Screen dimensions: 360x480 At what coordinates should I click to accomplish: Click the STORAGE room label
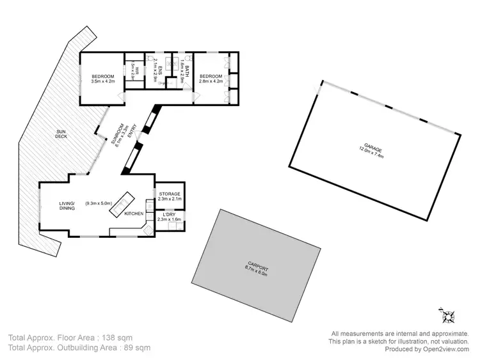click(170, 194)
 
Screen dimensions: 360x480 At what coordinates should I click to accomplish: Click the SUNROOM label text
click(115, 135)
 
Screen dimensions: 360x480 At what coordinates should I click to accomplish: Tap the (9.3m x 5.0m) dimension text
click(99, 204)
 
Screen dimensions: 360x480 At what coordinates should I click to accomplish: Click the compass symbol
click(447, 315)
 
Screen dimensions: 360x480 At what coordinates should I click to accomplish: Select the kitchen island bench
click(120, 204)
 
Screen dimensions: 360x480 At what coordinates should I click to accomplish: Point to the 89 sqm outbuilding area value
click(137, 348)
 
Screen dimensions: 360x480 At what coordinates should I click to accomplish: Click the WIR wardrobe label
click(133, 68)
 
